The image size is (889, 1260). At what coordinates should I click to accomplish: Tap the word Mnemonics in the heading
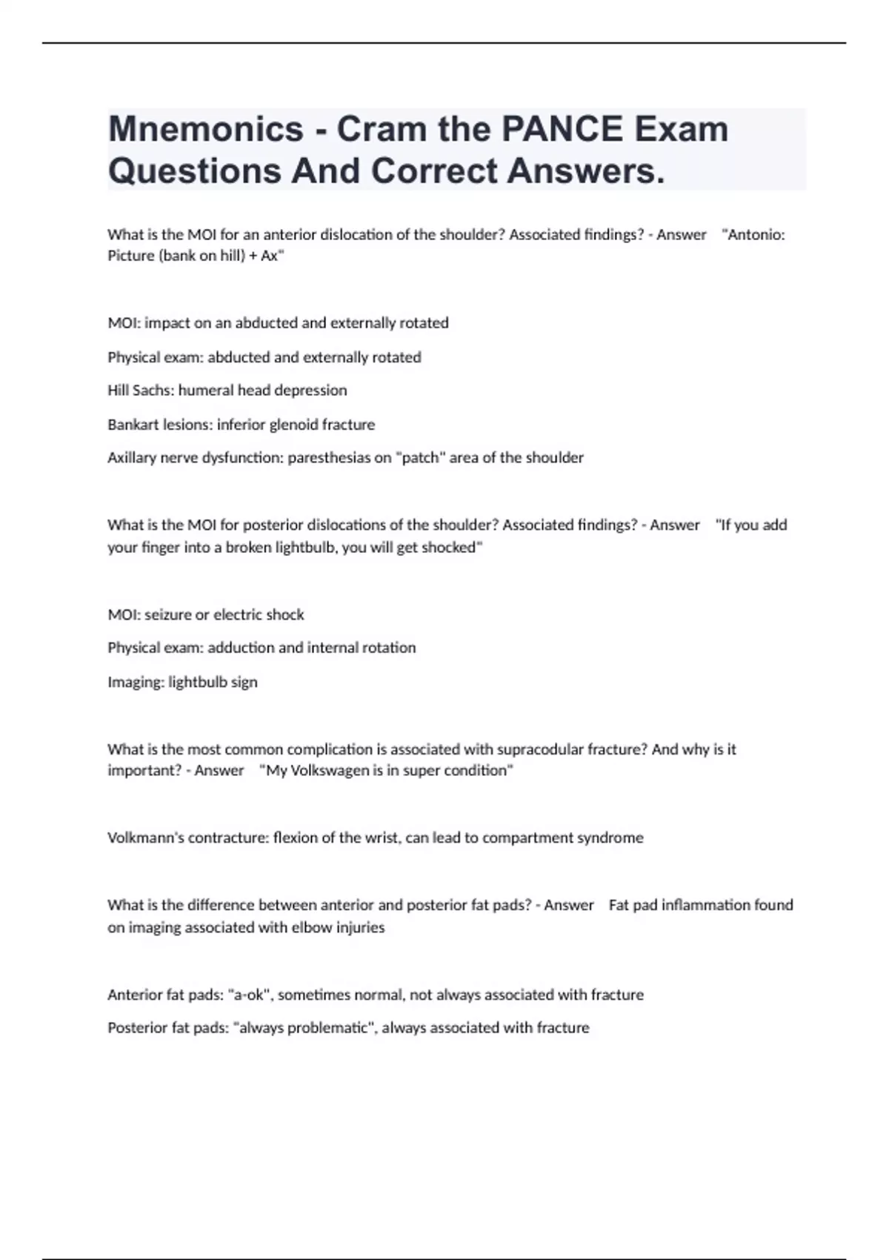(x=205, y=129)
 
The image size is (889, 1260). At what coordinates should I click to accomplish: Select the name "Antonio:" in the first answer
(x=756, y=235)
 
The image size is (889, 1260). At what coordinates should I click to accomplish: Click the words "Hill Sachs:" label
(x=141, y=391)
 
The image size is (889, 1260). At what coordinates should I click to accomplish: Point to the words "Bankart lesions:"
(x=160, y=425)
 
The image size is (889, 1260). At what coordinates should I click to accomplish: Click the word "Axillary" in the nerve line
(x=132, y=458)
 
